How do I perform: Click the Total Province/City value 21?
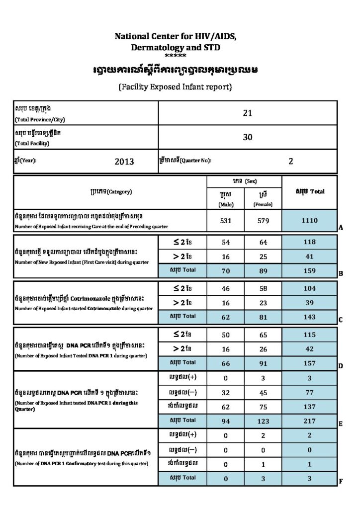248,113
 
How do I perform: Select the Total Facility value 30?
248,137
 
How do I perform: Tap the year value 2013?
124,161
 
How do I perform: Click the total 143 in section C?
309,316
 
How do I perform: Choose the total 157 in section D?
309,362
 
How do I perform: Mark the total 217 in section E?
309,421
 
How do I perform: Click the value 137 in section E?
309,406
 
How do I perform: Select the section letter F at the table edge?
341,481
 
